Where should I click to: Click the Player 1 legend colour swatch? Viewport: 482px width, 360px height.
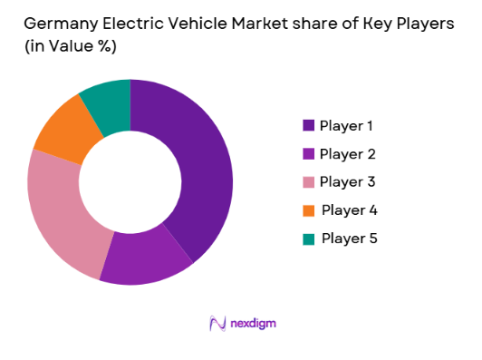[x=310, y=125]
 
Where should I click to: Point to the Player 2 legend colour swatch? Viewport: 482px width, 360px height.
[x=310, y=154]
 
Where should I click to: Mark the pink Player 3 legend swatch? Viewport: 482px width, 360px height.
[x=310, y=182]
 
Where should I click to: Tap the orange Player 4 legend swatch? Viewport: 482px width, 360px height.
[x=310, y=210]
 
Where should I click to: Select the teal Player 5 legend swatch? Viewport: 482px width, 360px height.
[x=310, y=238]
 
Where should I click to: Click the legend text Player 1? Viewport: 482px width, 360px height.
[x=347, y=125]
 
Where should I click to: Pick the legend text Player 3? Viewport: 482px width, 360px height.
[x=348, y=182]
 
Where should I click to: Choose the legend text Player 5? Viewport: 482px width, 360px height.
[x=348, y=238]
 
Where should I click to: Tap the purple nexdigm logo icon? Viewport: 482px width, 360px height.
[x=217, y=323]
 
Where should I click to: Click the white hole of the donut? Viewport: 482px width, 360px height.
[x=130, y=180]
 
